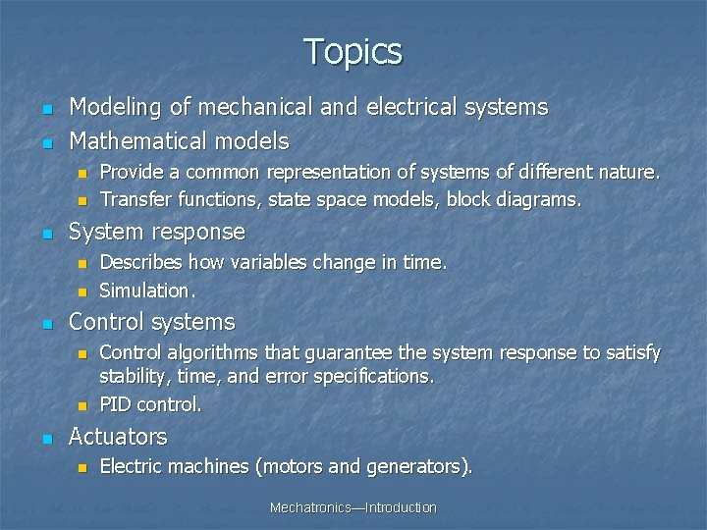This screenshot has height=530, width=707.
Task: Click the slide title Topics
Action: pyautogui.click(x=353, y=51)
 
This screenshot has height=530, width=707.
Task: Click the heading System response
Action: pyautogui.click(x=157, y=232)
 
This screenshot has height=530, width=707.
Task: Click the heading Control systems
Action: pyautogui.click(x=152, y=322)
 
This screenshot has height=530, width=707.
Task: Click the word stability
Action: pyautogui.click(x=130, y=376)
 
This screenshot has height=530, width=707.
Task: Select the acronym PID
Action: pyautogui.click(x=116, y=404)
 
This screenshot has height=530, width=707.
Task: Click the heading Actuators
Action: pyautogui.click(x=118, y=437)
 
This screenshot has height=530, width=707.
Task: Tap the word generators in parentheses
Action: pyautogui.click(x=415, y=467)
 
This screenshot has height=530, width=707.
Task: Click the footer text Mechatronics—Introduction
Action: pyautogui.click(x=353, y=507)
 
